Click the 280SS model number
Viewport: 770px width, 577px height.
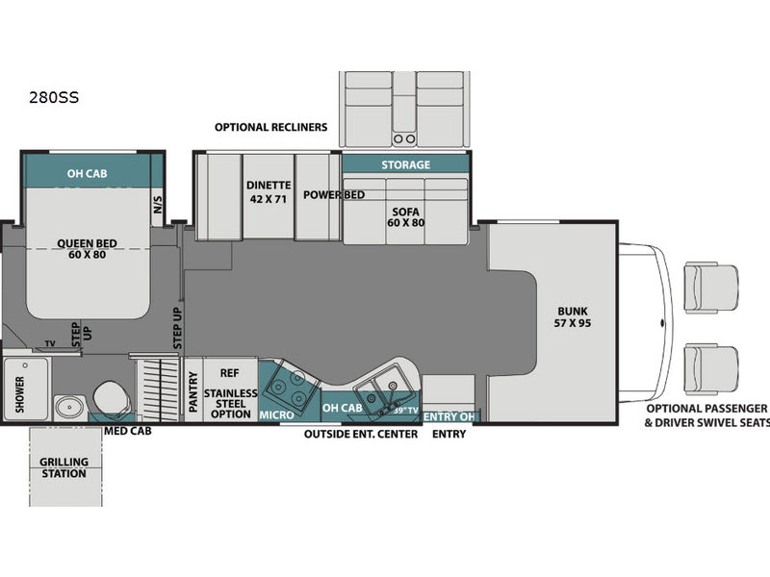point(54,98)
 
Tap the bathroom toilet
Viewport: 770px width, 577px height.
point(112,398)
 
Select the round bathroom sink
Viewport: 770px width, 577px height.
point(69,407)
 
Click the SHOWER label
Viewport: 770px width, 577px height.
point(19,394)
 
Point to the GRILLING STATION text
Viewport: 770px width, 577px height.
point(64,467)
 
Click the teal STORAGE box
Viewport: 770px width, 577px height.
point(405,164)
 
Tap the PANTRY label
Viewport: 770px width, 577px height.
point(193,392)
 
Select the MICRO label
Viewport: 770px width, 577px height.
point(276,415)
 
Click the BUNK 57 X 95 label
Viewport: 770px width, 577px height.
point(573,317)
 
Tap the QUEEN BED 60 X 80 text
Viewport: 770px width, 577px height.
point(87,249)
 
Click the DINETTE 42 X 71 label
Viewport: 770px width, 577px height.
point(269,191)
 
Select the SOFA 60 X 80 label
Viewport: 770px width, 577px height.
point(405,217)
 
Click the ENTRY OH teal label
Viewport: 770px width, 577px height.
point(449,416)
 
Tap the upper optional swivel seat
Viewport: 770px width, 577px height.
point(710,287)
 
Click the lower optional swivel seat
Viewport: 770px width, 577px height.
point(710,369)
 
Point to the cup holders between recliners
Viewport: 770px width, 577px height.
point(404,138)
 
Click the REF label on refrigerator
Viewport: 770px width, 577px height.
point(229,373)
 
